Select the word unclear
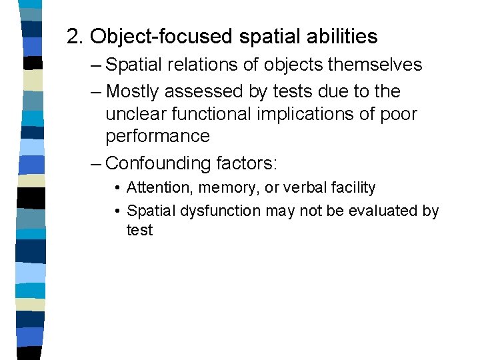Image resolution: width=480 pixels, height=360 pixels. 135,114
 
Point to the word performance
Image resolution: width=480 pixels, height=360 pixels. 157,137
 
